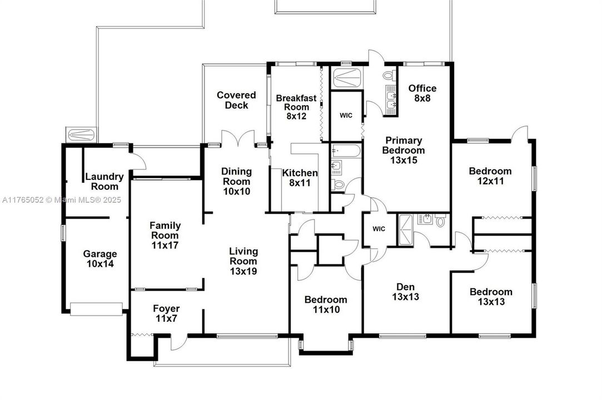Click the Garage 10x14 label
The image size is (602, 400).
(100, 259)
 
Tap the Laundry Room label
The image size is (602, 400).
(105, 182)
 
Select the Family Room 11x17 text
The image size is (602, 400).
(165, 235)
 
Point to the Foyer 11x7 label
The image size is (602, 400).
(166, 314)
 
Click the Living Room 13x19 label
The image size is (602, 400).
(243, 262)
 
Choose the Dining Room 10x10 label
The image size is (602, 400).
(236, 181)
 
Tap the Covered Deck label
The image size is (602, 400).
(236, 100)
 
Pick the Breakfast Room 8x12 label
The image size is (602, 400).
(296, 107)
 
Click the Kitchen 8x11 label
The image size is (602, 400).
(300, 178)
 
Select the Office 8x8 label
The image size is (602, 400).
(422, 93)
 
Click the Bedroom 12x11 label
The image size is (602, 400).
(490, 176)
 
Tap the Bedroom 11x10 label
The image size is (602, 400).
(325, 304)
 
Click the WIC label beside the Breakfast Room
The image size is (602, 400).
(346, 116)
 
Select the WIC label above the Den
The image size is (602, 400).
(379, 228)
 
